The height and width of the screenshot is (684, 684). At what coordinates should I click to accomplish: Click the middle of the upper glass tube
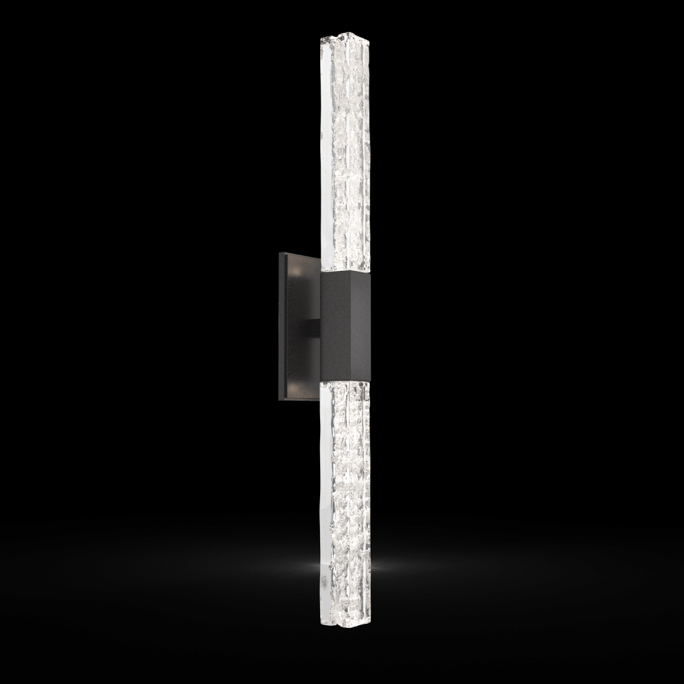point(342,150)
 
